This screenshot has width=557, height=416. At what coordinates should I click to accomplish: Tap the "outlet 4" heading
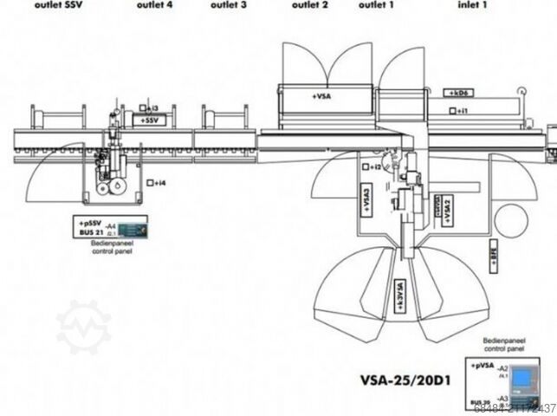pyautogui.click(x=154, y=4)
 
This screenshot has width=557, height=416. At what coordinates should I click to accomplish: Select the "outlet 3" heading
pyautogui.click(x=229, y=4)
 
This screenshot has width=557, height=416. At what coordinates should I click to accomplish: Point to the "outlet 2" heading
pyautogui.click(x=309, y=4)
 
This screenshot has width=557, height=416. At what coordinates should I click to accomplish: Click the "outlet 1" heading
pyautogui.click(x=377, y=4)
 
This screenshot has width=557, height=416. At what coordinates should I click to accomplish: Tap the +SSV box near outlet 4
pyautogui.click(x=151, y=120)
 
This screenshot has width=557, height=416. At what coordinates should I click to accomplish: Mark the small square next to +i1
pyautogui.click(x=452, y=111)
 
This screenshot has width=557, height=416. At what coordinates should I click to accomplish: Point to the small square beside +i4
pyautogui.click(x=151, y=183)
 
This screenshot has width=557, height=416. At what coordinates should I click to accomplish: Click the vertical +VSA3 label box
pyautogui.click(x=367, y=206)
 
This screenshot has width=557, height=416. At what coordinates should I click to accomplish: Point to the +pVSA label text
pyautogui.click(x=483, y=367)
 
